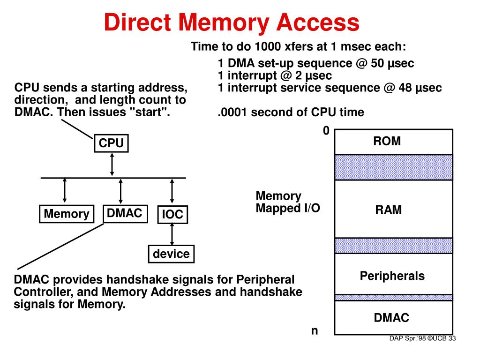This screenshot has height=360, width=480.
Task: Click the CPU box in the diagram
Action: [x=111, y=143]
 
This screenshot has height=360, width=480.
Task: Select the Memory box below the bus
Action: [x=66, y=214]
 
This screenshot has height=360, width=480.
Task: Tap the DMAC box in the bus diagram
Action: [x=124, y=213]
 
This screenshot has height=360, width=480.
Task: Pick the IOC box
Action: [x=172, y=215]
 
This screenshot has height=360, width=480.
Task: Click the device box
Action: [x=171, y=254]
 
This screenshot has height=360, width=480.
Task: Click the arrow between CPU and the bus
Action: [x=112, y=164]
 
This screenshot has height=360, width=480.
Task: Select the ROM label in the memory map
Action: [x=387, y=141]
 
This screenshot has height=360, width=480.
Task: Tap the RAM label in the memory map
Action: [x=388, y=210]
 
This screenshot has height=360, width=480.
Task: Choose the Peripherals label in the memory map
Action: [x=392, y=276]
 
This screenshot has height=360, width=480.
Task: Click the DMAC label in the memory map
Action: [x=391, y=318]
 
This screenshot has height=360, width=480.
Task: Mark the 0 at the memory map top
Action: [x=326, y=131]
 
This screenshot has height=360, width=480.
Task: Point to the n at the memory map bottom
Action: [x=315, y=331]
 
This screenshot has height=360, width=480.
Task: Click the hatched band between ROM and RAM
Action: [x=393, y=167]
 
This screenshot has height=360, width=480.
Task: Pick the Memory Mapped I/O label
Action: [x=288, y=202]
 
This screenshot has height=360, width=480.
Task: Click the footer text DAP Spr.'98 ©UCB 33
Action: [x=422, y=339]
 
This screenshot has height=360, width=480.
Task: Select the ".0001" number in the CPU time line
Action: [x=232, y=112]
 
